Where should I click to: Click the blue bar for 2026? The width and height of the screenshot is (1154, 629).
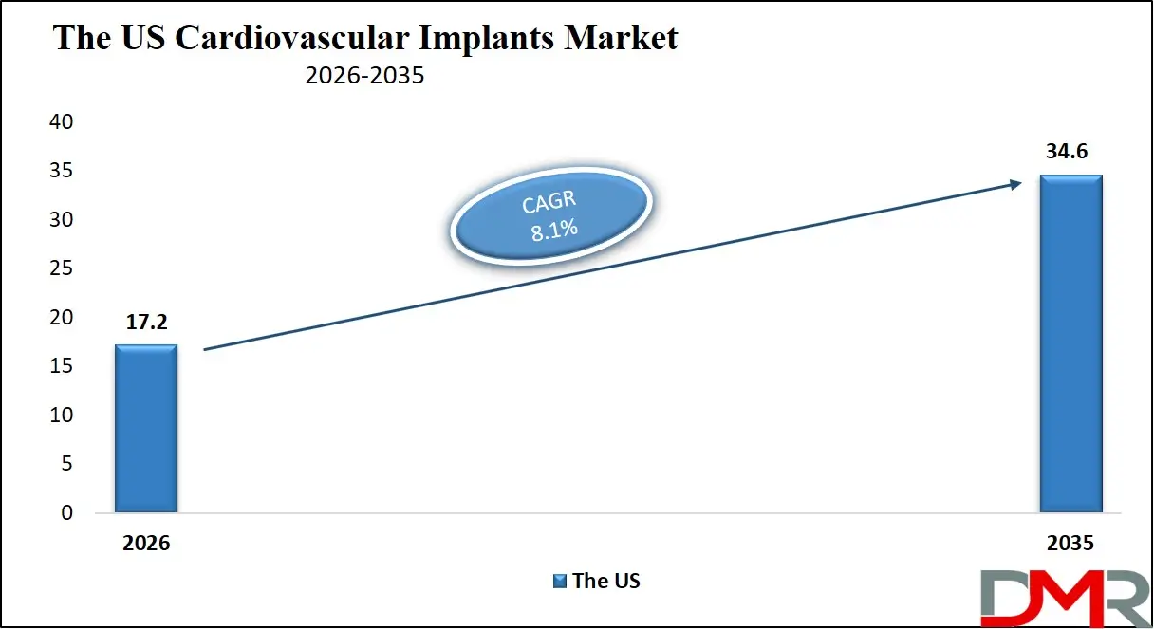[146, 429]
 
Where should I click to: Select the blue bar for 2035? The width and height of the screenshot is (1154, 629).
[1070, 343]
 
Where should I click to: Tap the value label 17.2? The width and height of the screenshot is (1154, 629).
[146, 323]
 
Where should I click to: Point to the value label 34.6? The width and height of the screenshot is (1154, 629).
[1070, 152]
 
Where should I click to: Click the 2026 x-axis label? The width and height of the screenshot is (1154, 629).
[146, 545]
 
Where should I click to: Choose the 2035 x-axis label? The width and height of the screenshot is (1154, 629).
[1070, 545]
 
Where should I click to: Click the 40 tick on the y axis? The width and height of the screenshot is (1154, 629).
[59, 122]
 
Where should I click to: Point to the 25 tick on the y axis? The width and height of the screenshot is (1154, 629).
[59, 268]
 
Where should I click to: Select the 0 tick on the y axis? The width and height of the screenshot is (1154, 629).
[65, 513]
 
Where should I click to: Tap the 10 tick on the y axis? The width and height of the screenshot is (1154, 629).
[59, 416]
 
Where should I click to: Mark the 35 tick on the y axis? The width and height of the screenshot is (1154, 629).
[59, 171]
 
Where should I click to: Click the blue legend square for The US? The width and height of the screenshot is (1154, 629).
[560, 581]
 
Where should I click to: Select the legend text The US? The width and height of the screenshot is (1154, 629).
[606, 581]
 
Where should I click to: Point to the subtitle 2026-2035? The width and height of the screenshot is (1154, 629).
[364, 77]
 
